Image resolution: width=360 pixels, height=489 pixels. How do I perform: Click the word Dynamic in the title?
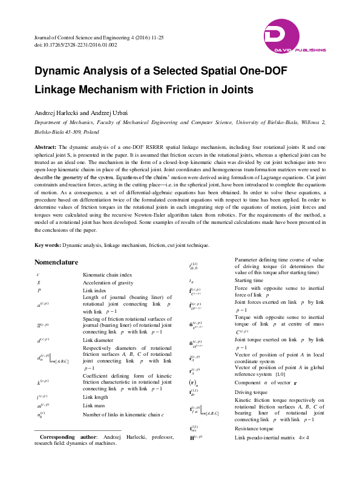coord(59,71)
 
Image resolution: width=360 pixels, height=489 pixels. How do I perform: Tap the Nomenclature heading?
coord(57,263)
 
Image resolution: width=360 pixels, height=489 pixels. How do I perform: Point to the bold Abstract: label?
coord(45,147)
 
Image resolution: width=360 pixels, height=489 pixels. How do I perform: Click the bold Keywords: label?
coord(47,245)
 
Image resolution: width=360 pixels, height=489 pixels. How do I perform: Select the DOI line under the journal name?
coord(67,45)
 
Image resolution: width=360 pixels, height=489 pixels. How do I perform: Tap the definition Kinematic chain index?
coord(106,274)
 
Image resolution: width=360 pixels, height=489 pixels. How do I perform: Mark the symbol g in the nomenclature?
coord(39,282)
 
